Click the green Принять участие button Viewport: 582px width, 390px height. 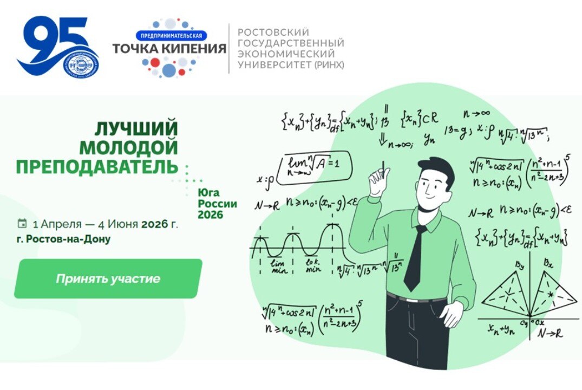tap(108, 279)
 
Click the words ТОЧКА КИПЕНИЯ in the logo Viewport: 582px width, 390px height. tap(169, 49)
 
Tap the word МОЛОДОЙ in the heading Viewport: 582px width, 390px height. tap(129, 147)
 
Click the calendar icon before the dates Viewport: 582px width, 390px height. tap(22, 223)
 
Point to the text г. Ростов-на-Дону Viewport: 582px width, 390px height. tap(63, 239)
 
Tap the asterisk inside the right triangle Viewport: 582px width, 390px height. tap(551, 294)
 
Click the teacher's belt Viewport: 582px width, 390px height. tap(417, 297)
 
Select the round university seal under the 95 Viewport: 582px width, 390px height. tap(79, 72)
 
